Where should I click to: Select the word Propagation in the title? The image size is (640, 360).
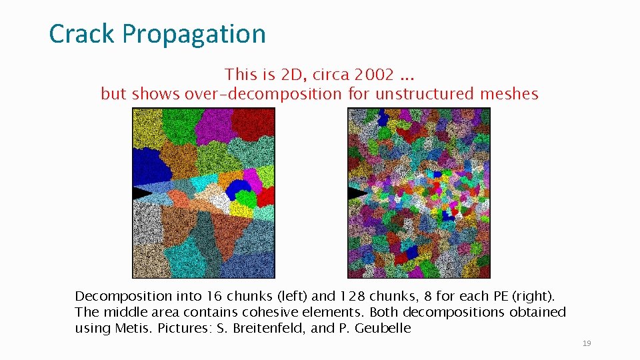click(x=194, y=34)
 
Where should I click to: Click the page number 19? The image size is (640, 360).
click(x=587, y=343)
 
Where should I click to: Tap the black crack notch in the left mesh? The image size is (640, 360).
click(x=142, y=193)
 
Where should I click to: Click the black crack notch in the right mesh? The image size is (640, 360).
click(x=357, y=194)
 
